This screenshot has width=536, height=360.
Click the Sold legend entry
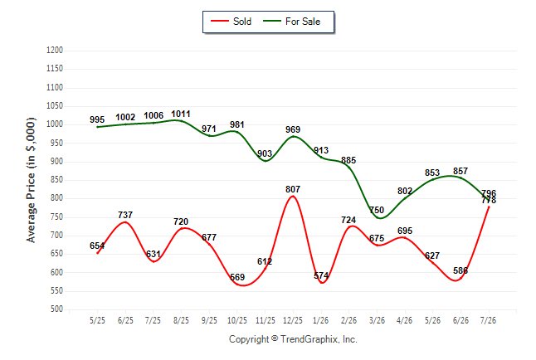[x=231, y=22]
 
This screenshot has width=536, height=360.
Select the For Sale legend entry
[x=291, y=22]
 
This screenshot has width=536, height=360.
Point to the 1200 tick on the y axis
[x=55, y=51]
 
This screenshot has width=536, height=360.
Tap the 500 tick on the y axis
[x=56, y=309]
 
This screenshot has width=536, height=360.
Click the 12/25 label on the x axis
[x=293, y=320]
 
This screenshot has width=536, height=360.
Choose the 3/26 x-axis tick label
[x=377, y=320]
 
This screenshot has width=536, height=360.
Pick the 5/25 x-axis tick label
[x=97, y=320]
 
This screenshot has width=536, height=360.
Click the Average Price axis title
[x=31, y=180]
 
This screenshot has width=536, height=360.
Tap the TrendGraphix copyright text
[x=293, y=339]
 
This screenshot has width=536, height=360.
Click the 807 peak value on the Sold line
[x=293, y=189]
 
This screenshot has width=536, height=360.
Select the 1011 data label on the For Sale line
[x=181, y=114]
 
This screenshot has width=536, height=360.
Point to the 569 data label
[x=237, y=277]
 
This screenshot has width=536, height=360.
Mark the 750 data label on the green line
[x=377, y=210]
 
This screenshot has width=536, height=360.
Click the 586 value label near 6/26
[x=460, y=270]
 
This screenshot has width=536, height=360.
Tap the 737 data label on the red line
[x=125, y=215]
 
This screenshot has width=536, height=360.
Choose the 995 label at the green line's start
[x=97, y=119]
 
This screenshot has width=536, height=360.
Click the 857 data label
[x=460, y=171]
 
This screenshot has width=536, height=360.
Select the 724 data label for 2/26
[x=348, y=220]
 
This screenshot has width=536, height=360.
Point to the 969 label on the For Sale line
[x=293, y=129]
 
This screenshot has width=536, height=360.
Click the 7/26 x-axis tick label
[x=488, y=320]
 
